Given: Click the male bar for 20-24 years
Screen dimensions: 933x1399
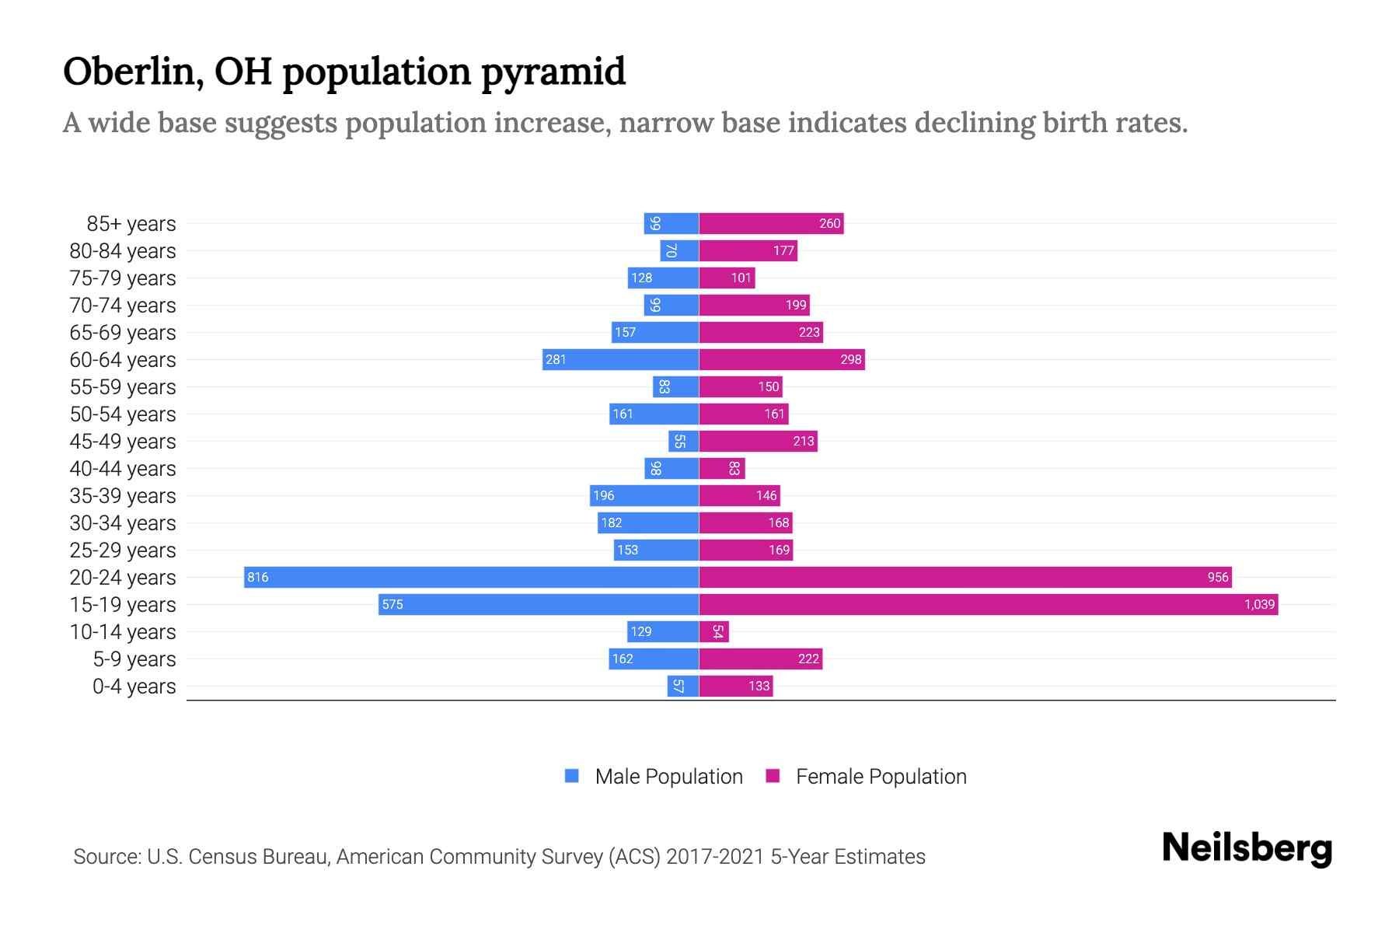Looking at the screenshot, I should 471,577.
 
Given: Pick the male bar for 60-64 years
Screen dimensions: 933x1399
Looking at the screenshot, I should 620,359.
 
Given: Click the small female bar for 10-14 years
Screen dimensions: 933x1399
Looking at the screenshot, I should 713,631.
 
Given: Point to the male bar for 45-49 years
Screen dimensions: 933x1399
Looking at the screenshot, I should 683,441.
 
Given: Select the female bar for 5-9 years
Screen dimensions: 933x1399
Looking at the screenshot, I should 760,659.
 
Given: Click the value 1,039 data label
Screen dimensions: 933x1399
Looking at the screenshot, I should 1259,604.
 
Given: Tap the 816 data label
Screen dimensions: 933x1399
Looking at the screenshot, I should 257,577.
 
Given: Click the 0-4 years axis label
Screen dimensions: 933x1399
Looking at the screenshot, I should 134,687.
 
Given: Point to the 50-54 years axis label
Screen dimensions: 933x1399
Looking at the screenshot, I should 123,414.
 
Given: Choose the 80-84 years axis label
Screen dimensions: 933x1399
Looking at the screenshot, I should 123,251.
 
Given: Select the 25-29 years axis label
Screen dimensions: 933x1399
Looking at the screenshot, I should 123,550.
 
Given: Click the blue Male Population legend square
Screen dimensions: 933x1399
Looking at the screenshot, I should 572,776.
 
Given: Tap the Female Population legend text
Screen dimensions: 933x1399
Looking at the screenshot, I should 881,777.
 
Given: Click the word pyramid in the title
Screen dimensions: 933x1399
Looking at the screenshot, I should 553,72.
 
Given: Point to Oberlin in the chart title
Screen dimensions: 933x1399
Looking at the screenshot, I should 133,72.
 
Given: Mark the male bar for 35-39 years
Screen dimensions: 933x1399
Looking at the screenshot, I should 644,495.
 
